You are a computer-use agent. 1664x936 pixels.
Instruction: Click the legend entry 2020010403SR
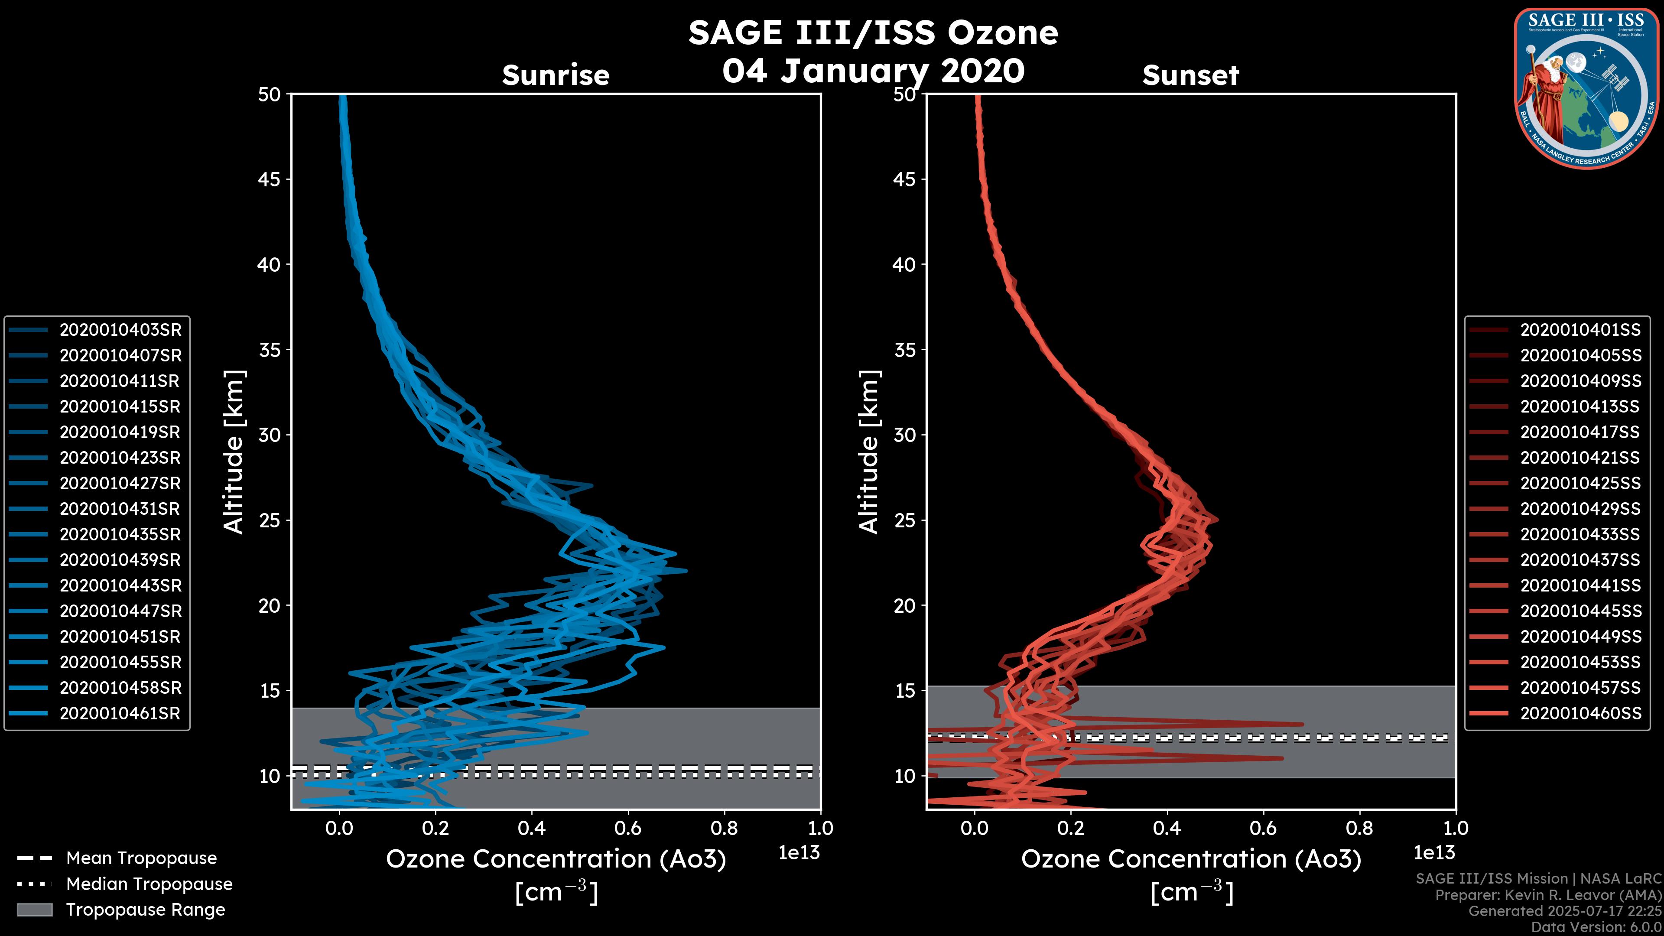pyautogui.click(x=120, y=330)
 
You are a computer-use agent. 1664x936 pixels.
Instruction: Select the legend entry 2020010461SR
pyautogui.click(x=120, y=714)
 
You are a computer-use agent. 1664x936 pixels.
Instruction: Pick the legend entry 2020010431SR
pyautogui.click(x=120, y=509)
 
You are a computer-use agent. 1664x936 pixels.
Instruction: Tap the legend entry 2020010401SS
pyautogui.click(x=1580, y=330)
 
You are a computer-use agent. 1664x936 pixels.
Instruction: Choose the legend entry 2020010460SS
pyautogui.click(x=1580, y=714)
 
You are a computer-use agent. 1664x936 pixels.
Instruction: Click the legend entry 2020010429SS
pyautogui.click(x=1580, y=509)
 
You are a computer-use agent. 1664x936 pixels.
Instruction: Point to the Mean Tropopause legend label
pyautogui.click(x=141, y=858)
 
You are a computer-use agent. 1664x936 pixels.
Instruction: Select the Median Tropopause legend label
pyautogui.click(x=149, y=884)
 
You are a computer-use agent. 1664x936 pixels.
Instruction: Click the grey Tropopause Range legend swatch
pyautogui.click(x=34, y=910)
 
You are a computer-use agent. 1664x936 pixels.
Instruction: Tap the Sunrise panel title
pyautogui.click(x=556, y=75)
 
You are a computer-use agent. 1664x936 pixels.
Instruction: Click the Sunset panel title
pyautogui.click(x=1190, y=75)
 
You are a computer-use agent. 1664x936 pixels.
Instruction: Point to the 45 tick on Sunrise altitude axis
pyautogui.click(x=270, y=179)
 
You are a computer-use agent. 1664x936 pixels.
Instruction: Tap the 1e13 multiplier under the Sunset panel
pyautogui.click(x=1434, y=853)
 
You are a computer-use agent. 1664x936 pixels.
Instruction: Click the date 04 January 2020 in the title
pyautogui.click(x=873, y=71)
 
